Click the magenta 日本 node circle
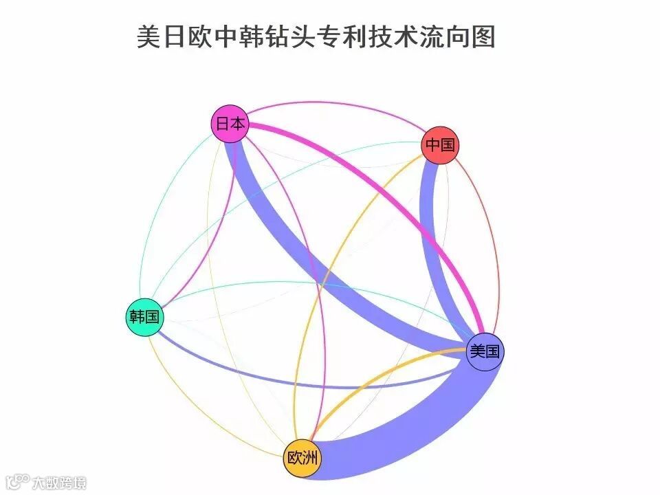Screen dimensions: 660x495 [x=229, y=124]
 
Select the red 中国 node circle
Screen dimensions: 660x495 [x=439, y=145]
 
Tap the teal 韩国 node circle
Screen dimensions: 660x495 [x=144, y=317]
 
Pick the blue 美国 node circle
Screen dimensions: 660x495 [x=485, y=351]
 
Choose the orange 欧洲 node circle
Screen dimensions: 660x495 [x=302, y=458]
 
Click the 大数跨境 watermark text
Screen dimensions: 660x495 [x=60, y=483]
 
